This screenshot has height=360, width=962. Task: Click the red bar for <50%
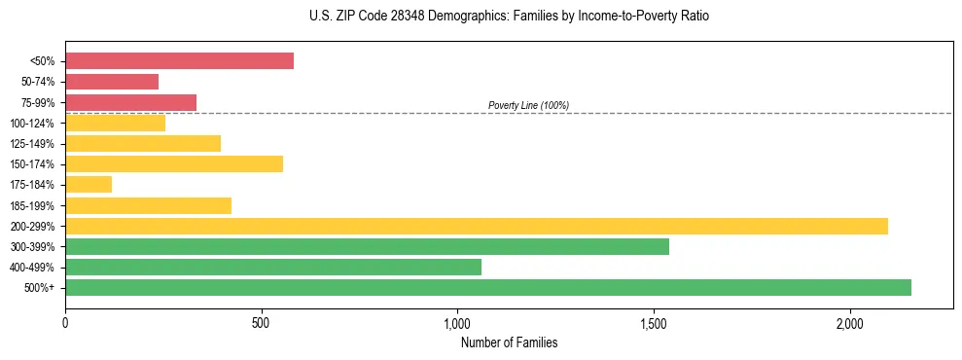pos(179,61)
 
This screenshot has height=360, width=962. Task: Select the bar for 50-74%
pos(112,82)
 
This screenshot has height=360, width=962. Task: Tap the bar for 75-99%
pos(130,102)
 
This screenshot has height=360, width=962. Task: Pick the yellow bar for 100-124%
pos(115,123)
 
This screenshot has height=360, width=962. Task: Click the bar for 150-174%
pos(174,164)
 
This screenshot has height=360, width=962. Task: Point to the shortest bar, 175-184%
pos(89,185)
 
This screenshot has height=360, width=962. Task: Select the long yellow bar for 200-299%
pos(477,226)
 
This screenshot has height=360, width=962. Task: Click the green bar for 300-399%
pos(367,246)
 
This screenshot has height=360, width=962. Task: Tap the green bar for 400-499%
pos(273,267)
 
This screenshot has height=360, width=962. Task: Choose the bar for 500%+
pos(488,287)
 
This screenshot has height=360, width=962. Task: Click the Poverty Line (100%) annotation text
pos(528,105)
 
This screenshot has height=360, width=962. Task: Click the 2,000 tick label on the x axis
pos(849,323)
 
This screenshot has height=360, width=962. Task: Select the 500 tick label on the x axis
pos(261,323)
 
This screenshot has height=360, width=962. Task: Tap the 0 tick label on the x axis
pos(65,323)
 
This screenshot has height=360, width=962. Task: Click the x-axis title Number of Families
pos(509,343)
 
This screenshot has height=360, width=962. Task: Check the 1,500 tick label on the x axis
pos(653,323)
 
